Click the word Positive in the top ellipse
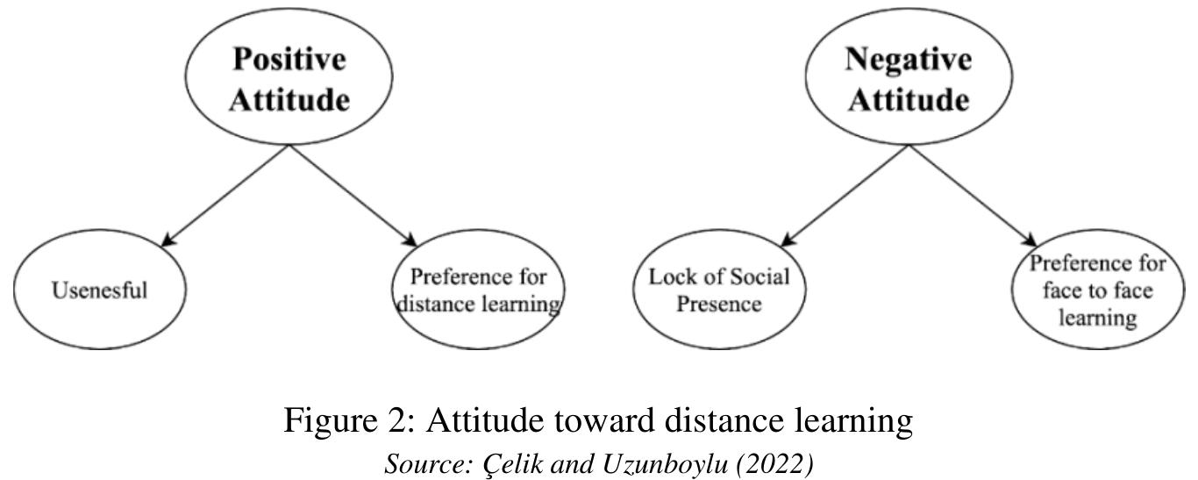pos(289,61)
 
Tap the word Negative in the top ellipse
pos(909,61)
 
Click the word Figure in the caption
pos(331,421)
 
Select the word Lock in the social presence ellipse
pos(669,277)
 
